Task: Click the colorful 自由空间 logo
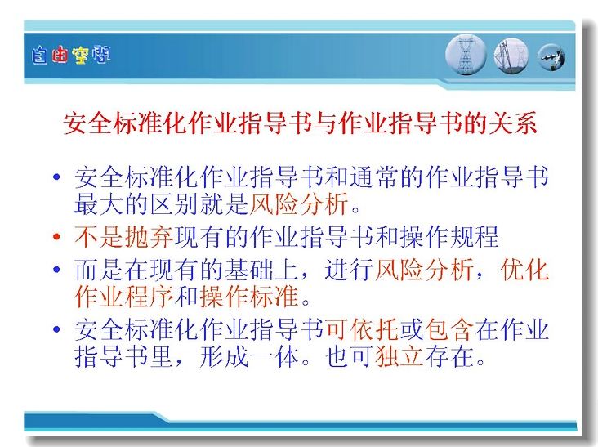click(71, 56)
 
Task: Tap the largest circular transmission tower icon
click(466, 55)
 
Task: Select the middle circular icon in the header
click(511, 56)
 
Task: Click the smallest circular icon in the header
click(551, 57)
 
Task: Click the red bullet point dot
click(56, 236)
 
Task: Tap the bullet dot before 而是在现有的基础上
click(56, 270)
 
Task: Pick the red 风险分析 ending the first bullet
click(299, 204)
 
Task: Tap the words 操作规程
click(448, 236)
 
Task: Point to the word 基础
click(249, 270)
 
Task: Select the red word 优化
click(524, 270)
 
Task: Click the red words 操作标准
click(249, 297)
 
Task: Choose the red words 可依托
click(362, 329)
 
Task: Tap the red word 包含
click(448, 329)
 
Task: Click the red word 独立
click(399, 356)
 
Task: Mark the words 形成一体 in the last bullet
click(249, 356)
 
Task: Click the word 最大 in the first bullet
click(99, 204)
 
